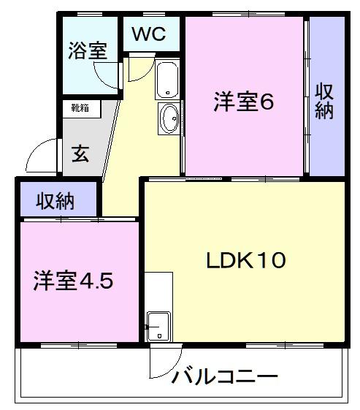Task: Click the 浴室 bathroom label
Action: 88,50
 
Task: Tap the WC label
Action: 149,33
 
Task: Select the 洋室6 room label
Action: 243,102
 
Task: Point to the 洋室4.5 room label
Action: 74,281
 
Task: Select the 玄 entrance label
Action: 80,154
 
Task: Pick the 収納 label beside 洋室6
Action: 326,100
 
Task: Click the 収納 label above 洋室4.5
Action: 56,200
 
